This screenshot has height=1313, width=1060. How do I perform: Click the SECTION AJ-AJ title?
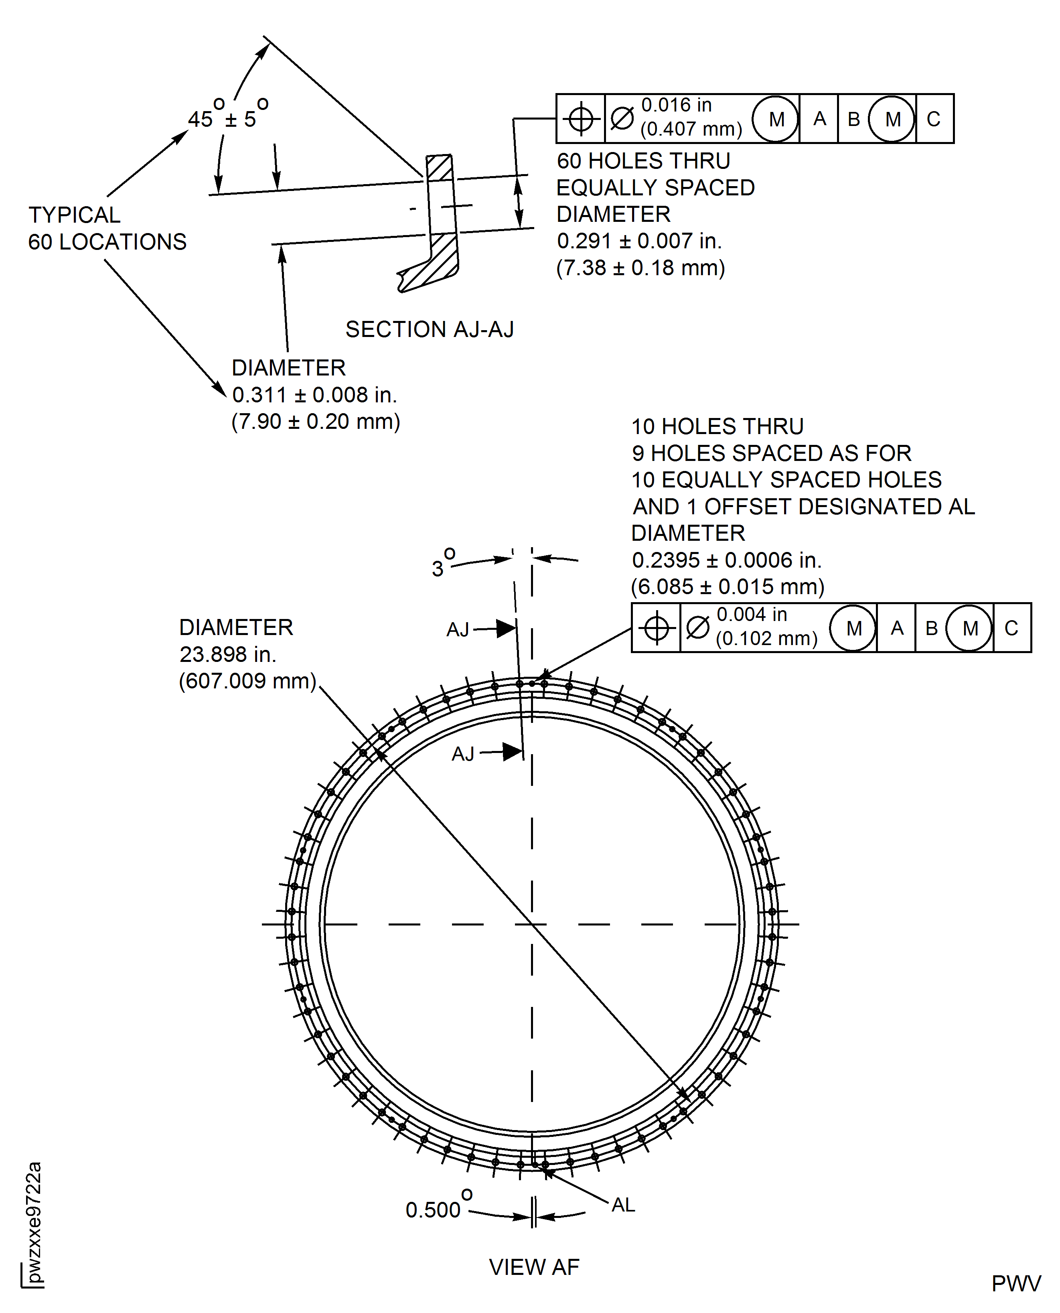[x=429, y=329]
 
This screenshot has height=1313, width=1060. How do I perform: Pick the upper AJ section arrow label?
[x=458, y=629]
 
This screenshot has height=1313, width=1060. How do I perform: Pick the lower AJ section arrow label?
[x=463, y=754]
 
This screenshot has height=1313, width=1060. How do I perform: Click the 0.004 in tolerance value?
[x=752, y=614]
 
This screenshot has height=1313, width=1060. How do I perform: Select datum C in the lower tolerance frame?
[x=1011, y=628]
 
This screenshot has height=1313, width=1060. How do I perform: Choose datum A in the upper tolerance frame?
[x=819, y=118]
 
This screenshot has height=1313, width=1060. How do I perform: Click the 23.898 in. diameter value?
[x=228, y=654]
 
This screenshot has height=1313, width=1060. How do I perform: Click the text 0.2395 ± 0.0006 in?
[x=727, y=560]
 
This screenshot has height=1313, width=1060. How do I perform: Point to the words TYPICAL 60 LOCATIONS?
[x=107, y=228]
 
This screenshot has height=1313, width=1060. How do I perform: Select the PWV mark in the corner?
[x=1016, y=1284]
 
